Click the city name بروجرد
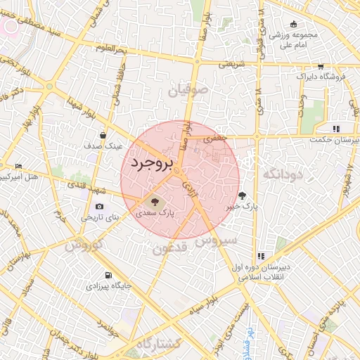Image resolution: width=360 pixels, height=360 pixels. [x=150, y=165]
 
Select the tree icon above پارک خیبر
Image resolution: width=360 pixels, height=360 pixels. [x=243, y=196]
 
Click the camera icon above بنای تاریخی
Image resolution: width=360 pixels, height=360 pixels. [x=99, y=206]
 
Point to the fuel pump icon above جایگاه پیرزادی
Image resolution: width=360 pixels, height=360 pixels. [x=108, y=275]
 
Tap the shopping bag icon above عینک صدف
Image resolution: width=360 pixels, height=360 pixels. [x=103, y=135]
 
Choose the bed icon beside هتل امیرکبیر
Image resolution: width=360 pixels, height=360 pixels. [x=18, y=166]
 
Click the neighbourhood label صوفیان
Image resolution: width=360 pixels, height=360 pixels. [x=188, y=90]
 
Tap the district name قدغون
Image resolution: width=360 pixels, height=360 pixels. [x=169, y=249]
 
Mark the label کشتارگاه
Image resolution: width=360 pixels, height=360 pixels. [x=159, y=344]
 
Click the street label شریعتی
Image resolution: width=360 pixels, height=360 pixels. [x=231, y=63]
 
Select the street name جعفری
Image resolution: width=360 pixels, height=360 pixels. [x=216, y=139]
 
